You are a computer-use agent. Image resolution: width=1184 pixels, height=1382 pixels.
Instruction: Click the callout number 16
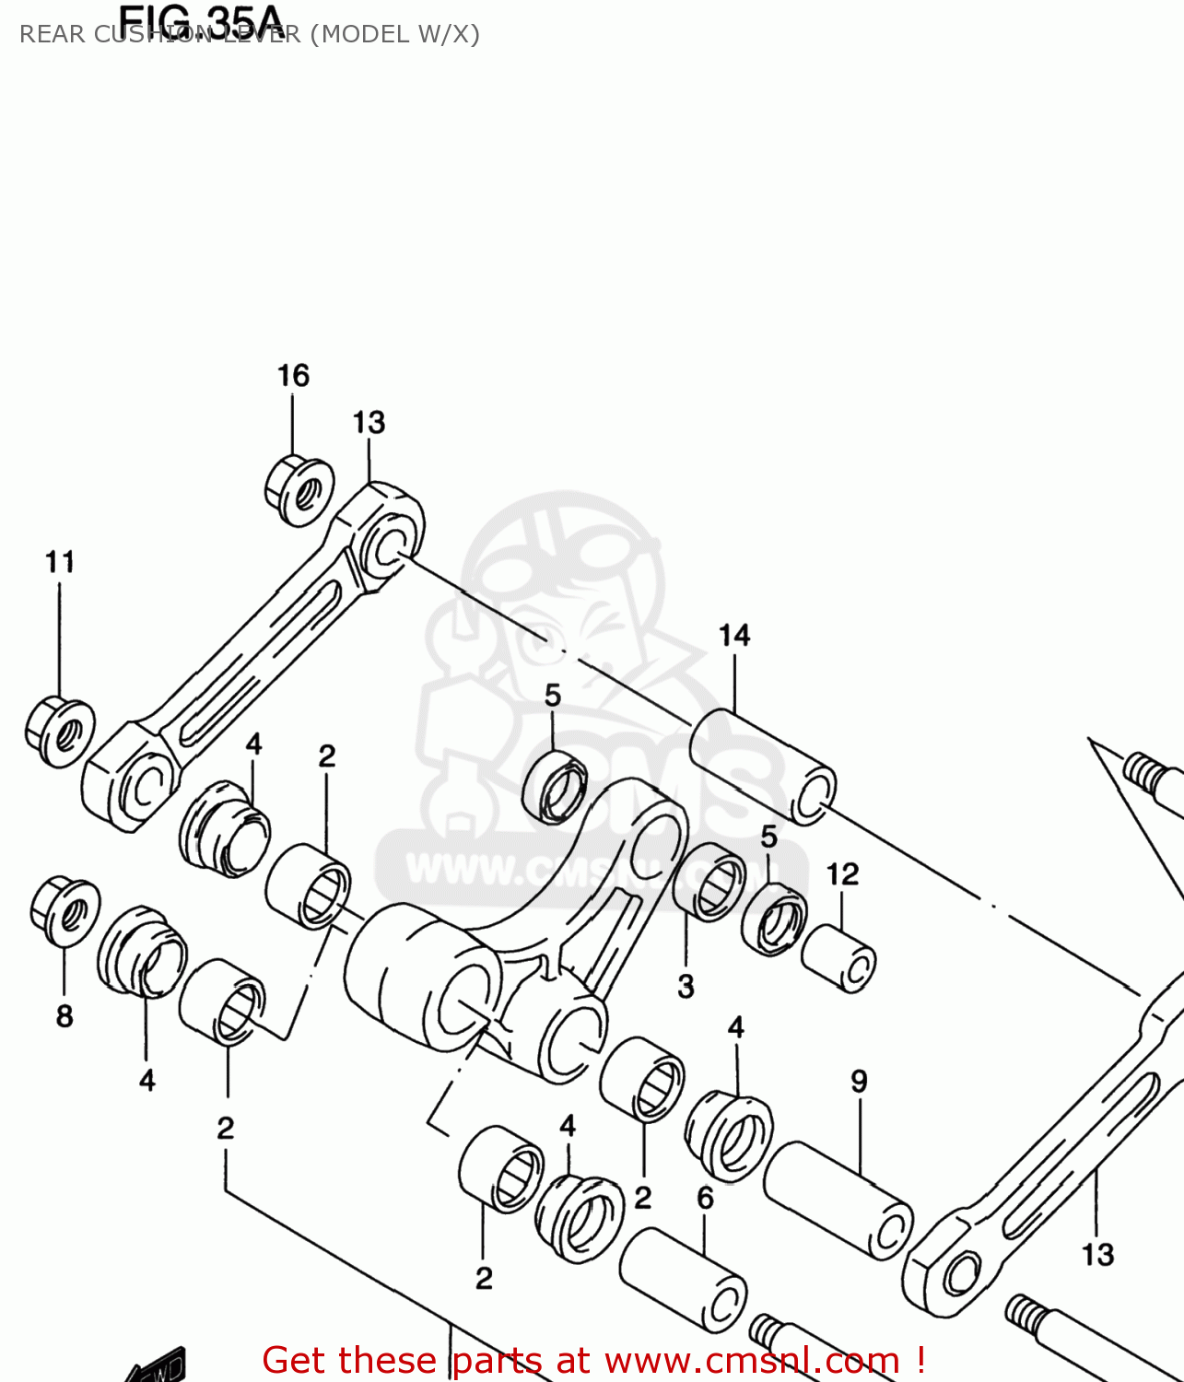coord(293,376)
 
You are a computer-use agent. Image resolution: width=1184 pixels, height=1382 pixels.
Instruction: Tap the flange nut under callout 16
coord(299,490)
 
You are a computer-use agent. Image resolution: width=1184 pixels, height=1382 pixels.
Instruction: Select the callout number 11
coord(60,562)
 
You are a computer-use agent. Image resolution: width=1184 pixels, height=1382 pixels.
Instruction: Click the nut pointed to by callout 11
coord(59,732)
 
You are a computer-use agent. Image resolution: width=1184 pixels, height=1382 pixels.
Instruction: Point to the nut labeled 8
coord(64,911)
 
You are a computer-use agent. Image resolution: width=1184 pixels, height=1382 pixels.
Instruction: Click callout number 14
coord(734,636)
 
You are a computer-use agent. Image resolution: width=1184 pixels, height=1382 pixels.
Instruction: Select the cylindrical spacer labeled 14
coord(763,766)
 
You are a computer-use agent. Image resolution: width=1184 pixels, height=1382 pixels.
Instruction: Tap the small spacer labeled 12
coord(838,959)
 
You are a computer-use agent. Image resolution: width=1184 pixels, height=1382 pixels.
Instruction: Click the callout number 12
coord(842,874)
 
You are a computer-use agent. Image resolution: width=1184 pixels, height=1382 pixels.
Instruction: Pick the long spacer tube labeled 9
coord(838,1200)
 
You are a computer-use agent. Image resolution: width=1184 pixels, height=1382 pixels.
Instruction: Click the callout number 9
coord(859,1082)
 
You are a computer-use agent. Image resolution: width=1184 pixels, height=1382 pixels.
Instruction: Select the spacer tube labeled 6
coord(683,1281)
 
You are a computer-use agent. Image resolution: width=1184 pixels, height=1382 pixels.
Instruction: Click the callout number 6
coord(705,1198)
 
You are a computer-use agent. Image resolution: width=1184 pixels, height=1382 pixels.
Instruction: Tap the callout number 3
coord(686,987)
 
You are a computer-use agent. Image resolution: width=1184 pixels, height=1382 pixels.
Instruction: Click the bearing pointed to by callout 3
coord(710,882)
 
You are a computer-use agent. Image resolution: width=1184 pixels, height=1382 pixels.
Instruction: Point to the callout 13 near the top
coord(369,423)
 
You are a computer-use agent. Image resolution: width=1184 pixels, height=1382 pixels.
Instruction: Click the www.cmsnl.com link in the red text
coord(752,1361)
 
